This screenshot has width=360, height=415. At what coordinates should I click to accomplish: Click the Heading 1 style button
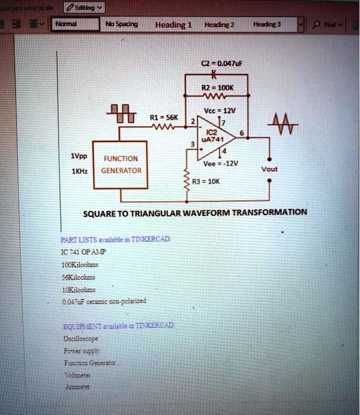(173, 25)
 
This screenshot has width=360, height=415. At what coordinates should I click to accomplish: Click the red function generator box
(120, 164)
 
